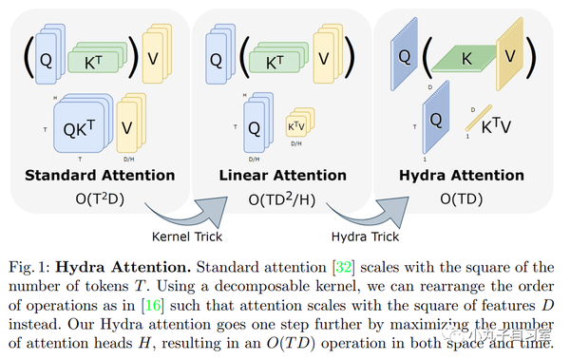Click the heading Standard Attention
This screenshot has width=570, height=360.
[x=100, y=175]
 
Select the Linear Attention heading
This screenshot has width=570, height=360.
[x=282, y=175]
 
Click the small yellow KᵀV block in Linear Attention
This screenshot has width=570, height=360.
[x=297, y=125]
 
